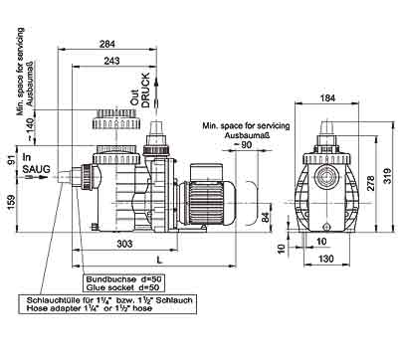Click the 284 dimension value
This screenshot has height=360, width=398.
coord(107,44)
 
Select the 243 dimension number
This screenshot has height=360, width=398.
coord(111,61)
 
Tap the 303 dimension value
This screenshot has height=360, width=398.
coord(124,244)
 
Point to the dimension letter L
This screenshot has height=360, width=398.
coord(160,260)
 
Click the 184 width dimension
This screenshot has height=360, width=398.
coord(327,97)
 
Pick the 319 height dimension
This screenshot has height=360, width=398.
coord(387,175)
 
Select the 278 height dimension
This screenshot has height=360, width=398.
coord(370,183)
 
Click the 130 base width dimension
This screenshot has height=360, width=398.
coord(325,259)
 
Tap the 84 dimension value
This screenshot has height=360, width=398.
coord(266,218)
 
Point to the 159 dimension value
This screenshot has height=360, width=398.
coord(11,202)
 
